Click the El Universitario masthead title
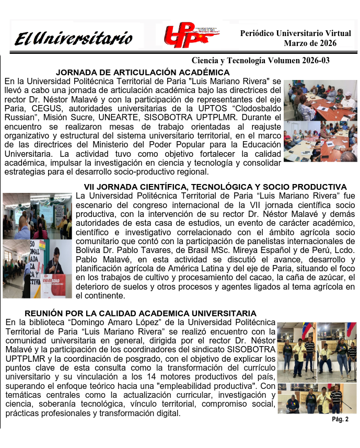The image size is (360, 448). click(73, 38)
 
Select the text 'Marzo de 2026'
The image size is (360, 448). click(310, 43)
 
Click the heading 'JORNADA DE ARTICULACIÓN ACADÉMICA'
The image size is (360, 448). click(143, 72)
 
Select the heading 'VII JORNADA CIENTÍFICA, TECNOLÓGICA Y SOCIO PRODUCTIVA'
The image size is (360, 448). click(215, 187)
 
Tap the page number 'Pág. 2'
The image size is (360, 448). click(340, 419)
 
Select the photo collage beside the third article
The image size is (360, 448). click(317, 367)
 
